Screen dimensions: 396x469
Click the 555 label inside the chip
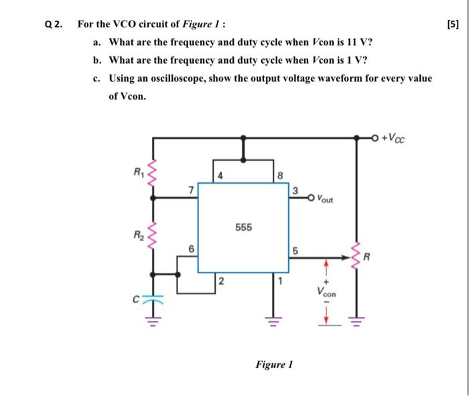pyautogui.click(x=244, y=228)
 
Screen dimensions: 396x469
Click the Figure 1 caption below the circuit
pyautogui.click(x=274, y=365)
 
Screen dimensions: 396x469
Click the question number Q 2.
pyautogui.click(x=54, y=24)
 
